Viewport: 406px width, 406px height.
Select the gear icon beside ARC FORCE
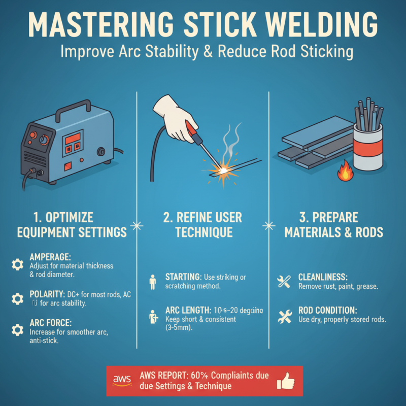click(17, 330)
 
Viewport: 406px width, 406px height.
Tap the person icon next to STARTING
click(152, 280)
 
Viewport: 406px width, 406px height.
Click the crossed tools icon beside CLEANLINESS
click(283, 281)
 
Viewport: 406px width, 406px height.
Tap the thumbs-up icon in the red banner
click(288, 380)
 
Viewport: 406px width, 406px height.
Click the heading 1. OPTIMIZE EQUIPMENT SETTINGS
click(71, 225)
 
